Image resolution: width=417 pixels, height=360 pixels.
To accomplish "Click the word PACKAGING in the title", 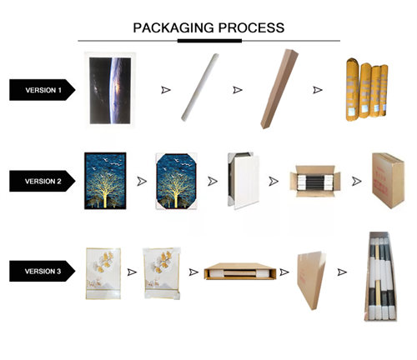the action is (173, 27).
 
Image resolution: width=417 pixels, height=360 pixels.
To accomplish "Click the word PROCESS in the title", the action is (251, 27).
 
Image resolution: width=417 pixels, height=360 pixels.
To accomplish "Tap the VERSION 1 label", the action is (43, 90).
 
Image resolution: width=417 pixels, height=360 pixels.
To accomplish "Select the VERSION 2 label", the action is (43, 181).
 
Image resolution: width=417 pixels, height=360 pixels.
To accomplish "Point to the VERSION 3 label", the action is (43, 271).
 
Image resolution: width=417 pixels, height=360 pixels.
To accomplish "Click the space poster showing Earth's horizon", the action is (110, 90).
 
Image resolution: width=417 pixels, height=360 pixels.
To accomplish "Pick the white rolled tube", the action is (200, 87).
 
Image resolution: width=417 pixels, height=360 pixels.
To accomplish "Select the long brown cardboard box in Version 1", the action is (279, 89).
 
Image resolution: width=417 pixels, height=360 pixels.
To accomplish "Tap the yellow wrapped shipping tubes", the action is (367, 90).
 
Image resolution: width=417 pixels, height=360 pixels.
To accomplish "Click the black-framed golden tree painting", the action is (105, 181).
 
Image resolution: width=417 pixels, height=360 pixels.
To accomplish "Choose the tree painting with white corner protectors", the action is (177, 181).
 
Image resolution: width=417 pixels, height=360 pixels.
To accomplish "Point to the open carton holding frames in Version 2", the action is (315, 181).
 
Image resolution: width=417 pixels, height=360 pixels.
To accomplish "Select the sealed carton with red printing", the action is (388, 180).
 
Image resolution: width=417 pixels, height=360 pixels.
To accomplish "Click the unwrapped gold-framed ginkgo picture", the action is (103, 273).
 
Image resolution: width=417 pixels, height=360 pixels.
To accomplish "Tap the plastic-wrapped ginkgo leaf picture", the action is (162, 273).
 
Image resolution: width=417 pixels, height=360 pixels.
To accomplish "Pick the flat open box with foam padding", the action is (240, 271).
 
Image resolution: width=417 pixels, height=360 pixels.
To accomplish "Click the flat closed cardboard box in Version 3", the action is (311, 280).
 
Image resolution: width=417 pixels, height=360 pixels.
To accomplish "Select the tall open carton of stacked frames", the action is (380, 276).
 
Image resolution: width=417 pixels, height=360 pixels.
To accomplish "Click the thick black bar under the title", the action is (209, 41).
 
